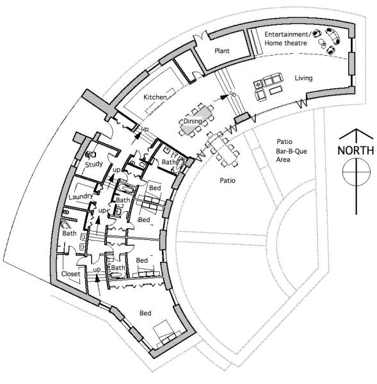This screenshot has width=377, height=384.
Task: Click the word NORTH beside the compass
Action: [x=356, y=150]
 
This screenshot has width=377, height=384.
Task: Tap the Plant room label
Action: [x=222, y=51]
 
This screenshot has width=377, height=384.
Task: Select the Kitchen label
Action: [x=155, y=97]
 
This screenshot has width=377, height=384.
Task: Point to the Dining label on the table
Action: [x=193, y=121]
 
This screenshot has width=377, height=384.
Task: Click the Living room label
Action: [x=303, y=78]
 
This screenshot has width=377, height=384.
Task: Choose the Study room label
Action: [x=94, y=164]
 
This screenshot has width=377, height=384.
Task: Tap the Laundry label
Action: [x=81, y=196]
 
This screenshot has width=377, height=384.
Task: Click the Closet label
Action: [x=71, y=274]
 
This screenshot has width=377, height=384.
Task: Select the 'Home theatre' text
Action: [x=285, y=43]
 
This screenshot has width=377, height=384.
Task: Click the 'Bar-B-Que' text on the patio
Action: [x=291, y=151]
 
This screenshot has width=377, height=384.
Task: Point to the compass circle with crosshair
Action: [x=357, y=172]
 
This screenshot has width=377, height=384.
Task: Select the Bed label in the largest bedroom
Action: [x=145, y=313]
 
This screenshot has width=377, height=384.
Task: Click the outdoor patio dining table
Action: [x=223, y=149]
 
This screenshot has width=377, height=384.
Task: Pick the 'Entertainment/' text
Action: [x=287, y=35]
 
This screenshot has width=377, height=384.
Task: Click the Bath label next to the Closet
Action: [x=69, y=233]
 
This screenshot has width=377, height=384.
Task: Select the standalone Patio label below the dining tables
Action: [x=228, y=180]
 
